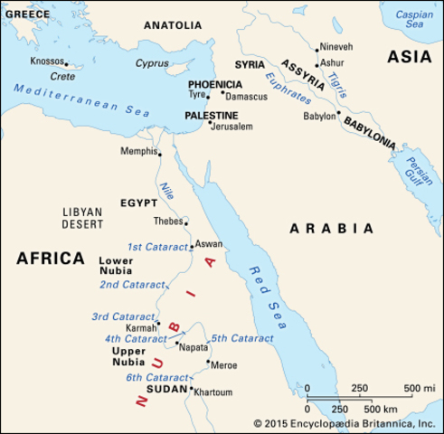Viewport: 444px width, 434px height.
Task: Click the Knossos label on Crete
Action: coord(45,61)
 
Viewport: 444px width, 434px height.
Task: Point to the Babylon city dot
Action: coord(338,114)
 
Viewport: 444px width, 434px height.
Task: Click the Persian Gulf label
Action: coord(420,172)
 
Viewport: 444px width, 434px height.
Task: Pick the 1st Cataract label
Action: coord(156,246)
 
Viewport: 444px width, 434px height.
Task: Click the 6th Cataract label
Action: coord(156,377)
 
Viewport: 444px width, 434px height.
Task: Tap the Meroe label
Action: coord(224,363)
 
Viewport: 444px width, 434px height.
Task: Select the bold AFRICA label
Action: coord(50,259)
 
